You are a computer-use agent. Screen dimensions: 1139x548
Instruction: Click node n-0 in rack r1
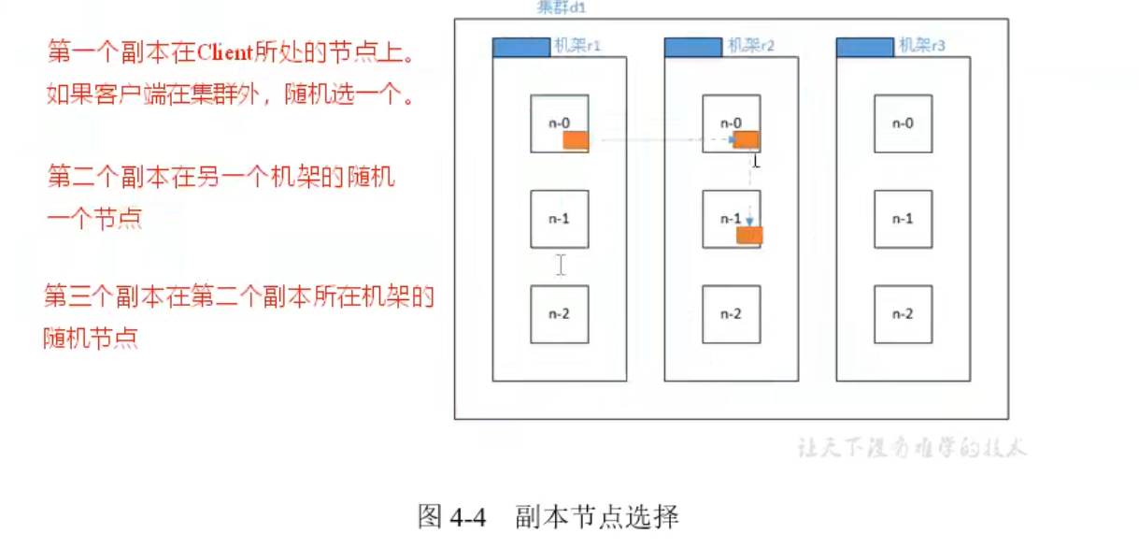(x=559, y=123)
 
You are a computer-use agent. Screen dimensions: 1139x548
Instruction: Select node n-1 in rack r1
(x=559, y=219)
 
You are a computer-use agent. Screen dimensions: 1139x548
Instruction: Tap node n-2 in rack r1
(x=559, y=314)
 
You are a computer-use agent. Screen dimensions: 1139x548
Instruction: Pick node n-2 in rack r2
(x=731, y=314)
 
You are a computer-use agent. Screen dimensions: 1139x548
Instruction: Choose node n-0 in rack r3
(x=903, y=123)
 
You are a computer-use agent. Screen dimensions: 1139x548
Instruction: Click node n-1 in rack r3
(x=903, y=219)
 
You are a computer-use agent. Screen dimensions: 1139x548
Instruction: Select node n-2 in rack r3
(x=903, y=314)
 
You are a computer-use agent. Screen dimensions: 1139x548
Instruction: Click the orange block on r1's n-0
(x=576, y=141)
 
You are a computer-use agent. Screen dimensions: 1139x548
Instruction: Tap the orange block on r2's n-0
(x=747, y=140)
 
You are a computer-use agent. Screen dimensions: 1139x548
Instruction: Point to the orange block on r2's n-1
(x=749, y=235)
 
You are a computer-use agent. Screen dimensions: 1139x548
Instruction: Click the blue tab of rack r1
(x=520, y=47)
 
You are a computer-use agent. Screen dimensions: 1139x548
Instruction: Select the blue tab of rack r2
(x=692, y=47)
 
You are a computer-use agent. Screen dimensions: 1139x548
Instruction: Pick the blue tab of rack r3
(x=864, y=47)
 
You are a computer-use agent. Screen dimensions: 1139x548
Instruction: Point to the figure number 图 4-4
(x=453, y=516)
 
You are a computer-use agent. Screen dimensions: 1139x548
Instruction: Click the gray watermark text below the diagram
(x=911, y=447)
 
